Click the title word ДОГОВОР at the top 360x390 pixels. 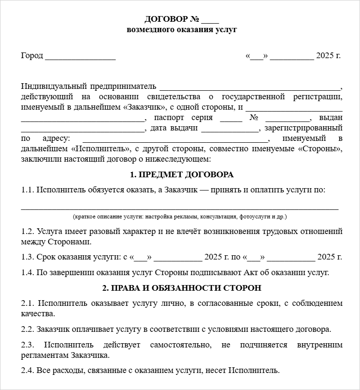(166, 19)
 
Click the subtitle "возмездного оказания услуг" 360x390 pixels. (181, 30)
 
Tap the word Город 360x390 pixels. (32, 56)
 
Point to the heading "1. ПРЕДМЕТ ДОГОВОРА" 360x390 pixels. (181, 175)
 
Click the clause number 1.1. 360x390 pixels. (28, 190)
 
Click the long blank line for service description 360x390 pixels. (180, 207)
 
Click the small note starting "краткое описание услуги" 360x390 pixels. (180, 217)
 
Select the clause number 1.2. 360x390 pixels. (28, 231)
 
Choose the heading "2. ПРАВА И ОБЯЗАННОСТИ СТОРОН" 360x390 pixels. (181, 287)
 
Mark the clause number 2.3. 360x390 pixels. (28, 345)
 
